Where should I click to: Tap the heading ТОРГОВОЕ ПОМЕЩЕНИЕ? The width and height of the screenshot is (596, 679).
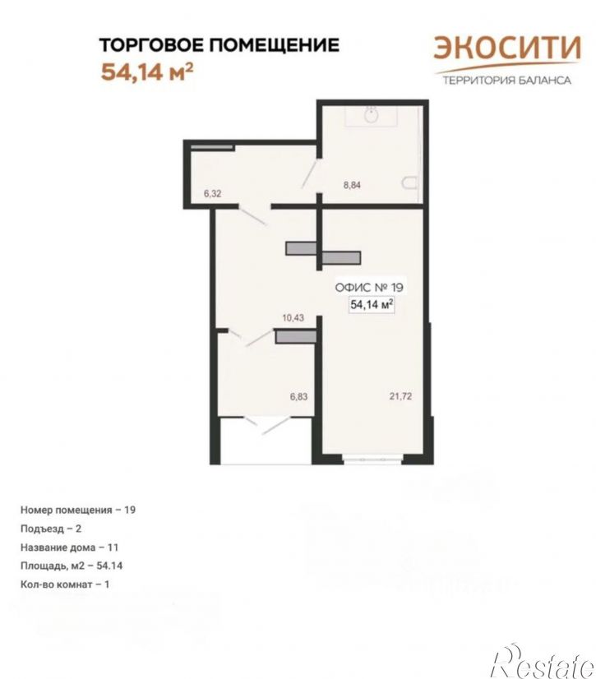tap(219, 44)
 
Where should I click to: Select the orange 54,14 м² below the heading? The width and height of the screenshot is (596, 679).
tap(146, 72)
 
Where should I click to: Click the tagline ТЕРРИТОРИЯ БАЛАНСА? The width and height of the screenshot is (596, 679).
tap(506, 80)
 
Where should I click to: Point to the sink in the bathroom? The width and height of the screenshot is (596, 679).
tap(372, 115)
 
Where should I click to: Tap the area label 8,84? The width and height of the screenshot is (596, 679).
tap(352, 185)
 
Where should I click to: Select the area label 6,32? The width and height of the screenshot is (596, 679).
tap(212, 193)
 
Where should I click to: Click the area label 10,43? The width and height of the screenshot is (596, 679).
tap(293, 318)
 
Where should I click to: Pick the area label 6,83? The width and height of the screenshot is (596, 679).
tap(298, 396)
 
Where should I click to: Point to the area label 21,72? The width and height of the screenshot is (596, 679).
tap(400, 395)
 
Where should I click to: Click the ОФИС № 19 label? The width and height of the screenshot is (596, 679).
tap(369, 287)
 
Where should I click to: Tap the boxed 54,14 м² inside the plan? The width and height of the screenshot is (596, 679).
tap(372, 304)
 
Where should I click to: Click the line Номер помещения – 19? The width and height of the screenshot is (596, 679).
tap(78, 510)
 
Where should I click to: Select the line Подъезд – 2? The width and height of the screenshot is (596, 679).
tap(51, 529)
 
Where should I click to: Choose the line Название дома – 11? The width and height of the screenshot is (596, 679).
tap(69, 547)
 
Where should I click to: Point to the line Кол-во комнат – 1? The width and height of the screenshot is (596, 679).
tap(65, 584)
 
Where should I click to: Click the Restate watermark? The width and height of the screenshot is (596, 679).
tap(543, 662)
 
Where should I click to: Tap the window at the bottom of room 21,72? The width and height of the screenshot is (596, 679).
tap(372, 457)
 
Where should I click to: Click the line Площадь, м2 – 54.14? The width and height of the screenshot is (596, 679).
tap(72, 566)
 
